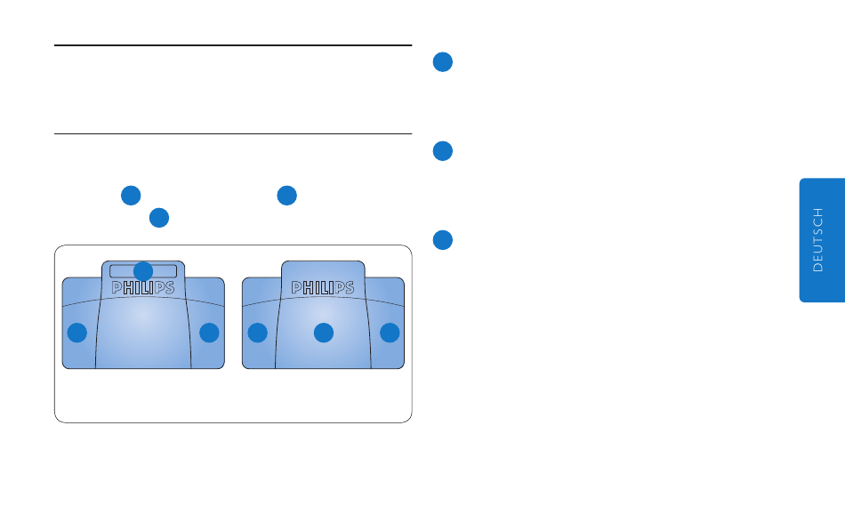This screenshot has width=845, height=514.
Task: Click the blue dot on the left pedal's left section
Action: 77,333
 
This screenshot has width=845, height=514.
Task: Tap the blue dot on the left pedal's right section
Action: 209,333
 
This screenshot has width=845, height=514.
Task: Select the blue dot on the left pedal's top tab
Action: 143,270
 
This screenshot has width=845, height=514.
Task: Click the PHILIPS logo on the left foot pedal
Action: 143,288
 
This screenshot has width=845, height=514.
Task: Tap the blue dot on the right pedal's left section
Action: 257,333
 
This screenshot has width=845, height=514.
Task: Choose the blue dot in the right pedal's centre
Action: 324,333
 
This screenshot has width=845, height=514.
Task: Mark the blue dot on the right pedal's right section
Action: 390,333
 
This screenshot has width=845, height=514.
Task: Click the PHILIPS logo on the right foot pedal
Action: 324,288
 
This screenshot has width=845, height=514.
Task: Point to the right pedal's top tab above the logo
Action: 324,269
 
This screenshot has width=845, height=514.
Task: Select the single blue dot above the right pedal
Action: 286,196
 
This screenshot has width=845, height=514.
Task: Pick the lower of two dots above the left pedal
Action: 159,217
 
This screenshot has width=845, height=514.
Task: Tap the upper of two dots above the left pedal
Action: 131,196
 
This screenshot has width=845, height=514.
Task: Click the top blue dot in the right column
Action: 443,61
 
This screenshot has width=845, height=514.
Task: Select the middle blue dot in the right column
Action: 443,151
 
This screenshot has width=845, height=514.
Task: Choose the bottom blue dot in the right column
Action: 443,240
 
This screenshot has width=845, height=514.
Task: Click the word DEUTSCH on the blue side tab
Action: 820,240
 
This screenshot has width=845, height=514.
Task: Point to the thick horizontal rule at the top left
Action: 233,45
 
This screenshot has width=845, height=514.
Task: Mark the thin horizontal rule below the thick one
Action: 233,134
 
